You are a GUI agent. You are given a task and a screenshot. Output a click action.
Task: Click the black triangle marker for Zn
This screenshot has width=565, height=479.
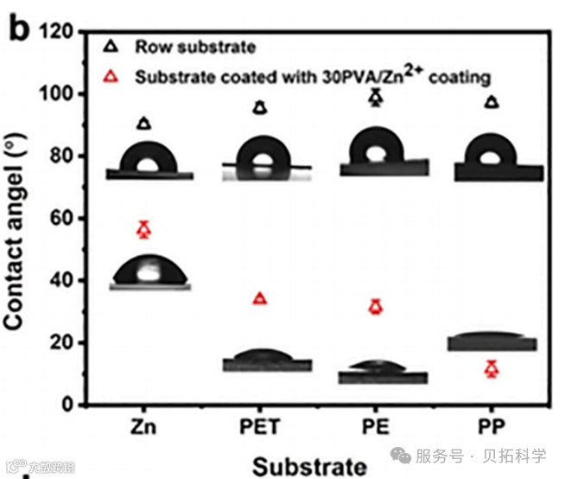click(144, 124)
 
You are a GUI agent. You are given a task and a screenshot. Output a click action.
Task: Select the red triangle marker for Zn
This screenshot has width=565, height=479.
click(144, 229)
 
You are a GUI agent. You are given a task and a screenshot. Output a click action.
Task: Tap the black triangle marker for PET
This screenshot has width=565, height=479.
click(260, 108)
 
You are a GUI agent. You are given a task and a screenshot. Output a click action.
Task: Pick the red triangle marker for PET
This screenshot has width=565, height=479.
click(260, 298)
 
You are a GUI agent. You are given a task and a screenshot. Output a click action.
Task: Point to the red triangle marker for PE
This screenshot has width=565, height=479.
click(375, 306)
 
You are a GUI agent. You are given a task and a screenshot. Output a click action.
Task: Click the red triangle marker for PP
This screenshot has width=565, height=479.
click(492, 369)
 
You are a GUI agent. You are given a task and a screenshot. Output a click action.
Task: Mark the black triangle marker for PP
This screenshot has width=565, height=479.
click(492, 102)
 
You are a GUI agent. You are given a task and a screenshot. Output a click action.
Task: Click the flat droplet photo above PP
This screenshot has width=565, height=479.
click(491, 341)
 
